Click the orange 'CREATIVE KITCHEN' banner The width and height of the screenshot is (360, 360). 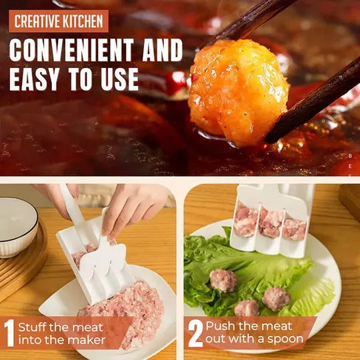tap(59, 21)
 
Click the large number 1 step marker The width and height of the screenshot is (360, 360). tap(9, 333)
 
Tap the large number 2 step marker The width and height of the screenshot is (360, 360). tap(195, 333)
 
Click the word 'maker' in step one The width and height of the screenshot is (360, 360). tap(89, 341)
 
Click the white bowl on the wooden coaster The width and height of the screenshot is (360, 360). tap(17, 227)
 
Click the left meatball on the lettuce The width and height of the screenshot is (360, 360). tap(223, 280)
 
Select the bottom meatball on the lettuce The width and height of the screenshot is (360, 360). tap(247, 308)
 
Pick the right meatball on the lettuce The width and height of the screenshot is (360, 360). tap(276, 297)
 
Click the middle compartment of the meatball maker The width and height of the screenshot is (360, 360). tap(270, 224)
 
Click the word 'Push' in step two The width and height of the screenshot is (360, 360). tap(219, 326)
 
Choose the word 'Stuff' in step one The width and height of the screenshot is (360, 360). tap(33, 327)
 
